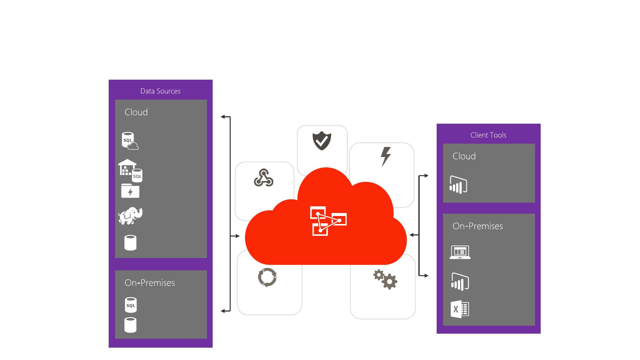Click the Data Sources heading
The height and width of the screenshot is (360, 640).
(160, 91)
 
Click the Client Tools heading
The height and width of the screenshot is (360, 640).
(488, 135)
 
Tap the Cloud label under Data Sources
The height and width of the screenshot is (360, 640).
(136, 112)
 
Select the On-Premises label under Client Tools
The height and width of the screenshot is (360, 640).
(478, 226)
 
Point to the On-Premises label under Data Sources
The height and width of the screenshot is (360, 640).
(150, 283)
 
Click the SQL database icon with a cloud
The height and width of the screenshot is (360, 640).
(130, 141)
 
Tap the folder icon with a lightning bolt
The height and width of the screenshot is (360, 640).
(130, 191)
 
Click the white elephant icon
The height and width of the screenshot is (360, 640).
(130, 216)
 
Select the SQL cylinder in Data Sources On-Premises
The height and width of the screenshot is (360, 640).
(131, 305)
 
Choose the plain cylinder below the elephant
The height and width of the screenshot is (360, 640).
(130, 243)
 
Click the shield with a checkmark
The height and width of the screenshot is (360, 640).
(322, 141)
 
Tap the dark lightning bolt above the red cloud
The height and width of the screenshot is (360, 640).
(386, 156)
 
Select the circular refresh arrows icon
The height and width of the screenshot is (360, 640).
(267, 277)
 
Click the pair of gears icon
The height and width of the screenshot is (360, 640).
(385, 279)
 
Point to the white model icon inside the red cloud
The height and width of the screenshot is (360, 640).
(328, 221)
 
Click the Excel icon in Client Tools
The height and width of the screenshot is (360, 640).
(460, 309)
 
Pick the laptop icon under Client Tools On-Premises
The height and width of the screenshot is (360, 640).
(460, 252)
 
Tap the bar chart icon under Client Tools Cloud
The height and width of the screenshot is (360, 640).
(458, 185)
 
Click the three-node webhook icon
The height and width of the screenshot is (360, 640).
(264, 178)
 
